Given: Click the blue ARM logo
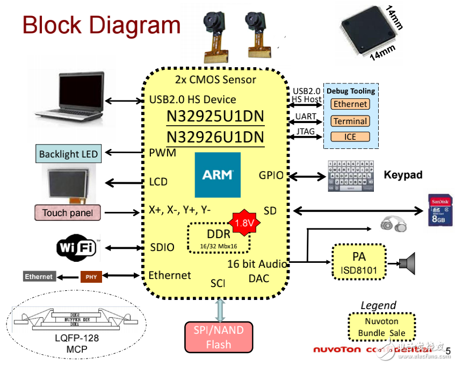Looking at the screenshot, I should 218,175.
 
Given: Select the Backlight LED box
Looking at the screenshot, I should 68,154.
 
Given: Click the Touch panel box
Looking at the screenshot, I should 68,213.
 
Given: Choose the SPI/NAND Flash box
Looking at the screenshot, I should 219,337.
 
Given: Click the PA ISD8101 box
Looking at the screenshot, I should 359,262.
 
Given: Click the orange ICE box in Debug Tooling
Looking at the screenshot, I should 350,137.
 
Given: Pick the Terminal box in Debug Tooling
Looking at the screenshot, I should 350,121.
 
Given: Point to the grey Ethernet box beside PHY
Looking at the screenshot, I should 39,276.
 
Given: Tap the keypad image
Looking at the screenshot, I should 350,177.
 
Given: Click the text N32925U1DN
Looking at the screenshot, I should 215,117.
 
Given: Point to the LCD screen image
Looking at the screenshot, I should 69,182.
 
